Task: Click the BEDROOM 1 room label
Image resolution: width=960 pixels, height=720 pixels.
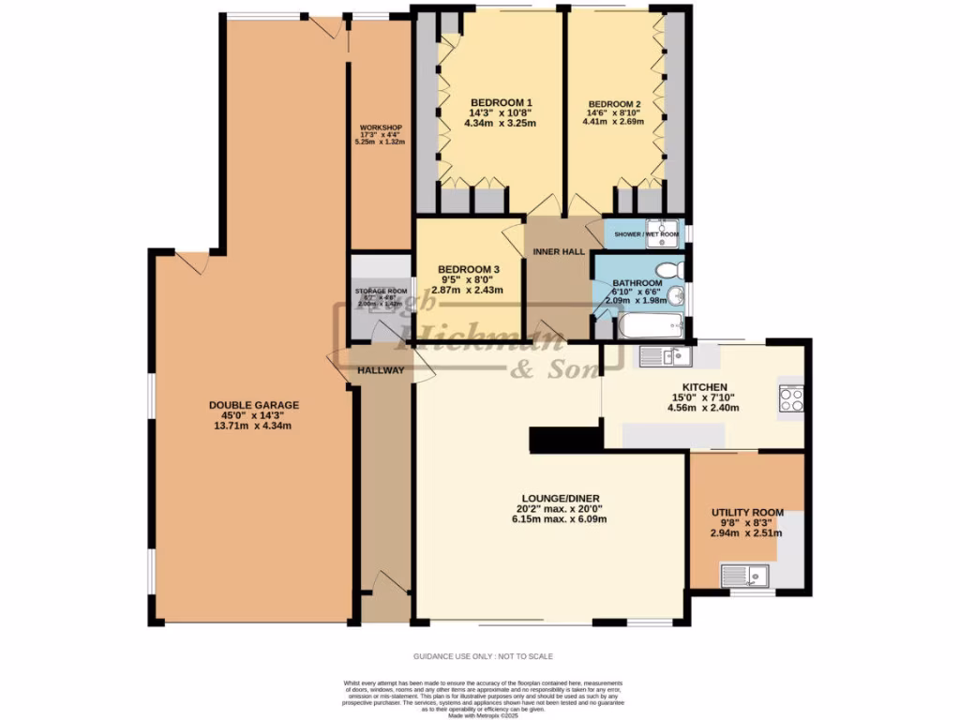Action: [501, 103]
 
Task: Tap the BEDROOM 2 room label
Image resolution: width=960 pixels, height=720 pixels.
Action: [614, 104]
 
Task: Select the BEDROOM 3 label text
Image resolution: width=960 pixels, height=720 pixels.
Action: [470, 270]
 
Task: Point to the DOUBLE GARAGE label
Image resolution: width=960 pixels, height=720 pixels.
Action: [253, 405]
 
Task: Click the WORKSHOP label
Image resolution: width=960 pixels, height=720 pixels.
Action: [380, 127]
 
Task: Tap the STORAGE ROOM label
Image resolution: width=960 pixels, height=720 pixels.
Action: [381, 292]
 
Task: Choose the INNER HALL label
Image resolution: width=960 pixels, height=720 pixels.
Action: [559, 251]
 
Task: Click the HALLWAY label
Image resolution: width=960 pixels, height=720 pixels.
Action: [381, 370]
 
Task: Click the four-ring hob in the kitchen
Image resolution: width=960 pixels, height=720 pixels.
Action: [791, 399]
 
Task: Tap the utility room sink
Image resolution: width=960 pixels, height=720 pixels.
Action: [745, 576]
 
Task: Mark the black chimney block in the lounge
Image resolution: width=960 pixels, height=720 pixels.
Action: [564, 440]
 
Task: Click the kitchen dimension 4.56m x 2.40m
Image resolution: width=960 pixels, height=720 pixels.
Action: [703, 408]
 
